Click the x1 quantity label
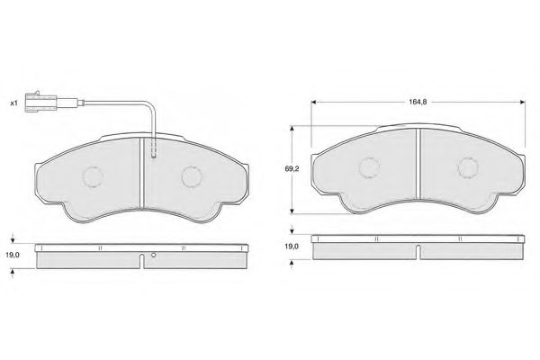(x=13, y=103)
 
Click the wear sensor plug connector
(x=40, y=102)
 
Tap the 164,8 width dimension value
(x=418, y=102)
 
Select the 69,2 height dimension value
(x=292, y=169)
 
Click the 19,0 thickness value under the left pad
(x=13, y=255)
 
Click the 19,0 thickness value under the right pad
(x=292, y=247)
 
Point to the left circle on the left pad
(x=93, y=177)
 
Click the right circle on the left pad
(x=192, y=177)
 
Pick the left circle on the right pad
(x=369, y=168)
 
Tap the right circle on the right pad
(x=468, y=168)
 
